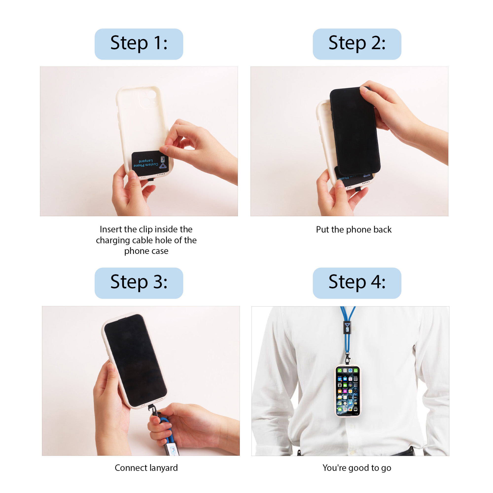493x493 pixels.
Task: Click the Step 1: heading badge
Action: pos(139,44)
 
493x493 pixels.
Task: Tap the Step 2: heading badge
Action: pos(357,44)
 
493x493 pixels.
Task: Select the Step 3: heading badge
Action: pos(139,283)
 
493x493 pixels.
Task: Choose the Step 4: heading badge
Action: pos(357,283)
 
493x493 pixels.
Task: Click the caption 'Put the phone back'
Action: pos(353,229)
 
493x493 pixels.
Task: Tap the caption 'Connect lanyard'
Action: pos(146,468)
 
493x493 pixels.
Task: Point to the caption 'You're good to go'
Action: pos(356,468)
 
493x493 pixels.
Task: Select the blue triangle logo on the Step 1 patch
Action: pos(163,166)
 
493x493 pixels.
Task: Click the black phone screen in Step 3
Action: pos(135,360)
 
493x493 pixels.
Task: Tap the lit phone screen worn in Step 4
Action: pos(348,390)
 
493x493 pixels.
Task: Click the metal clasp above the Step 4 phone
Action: pos(347,357)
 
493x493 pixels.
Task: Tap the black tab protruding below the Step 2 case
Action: pos(358,189)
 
